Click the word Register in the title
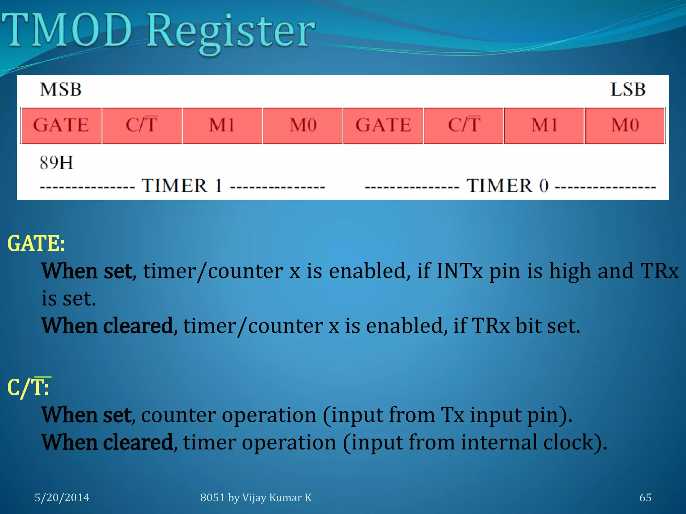click(231, 32)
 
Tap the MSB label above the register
click(61, 89)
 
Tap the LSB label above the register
click(628, 89)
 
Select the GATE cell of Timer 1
click(61, 125)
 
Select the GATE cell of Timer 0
click(383, 125)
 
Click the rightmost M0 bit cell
click(625, 125)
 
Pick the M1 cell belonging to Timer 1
click(222, 125)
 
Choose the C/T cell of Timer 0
click(464, 125)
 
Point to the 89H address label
click(56, 163)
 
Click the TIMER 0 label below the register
click(507, 186)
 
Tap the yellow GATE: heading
click(36, 243)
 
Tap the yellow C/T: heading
click(28, 388)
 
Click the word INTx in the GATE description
click(460, 271)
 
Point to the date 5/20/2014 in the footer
click(62, 498)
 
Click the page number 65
click(645, 498)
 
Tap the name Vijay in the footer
click(254, 498)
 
